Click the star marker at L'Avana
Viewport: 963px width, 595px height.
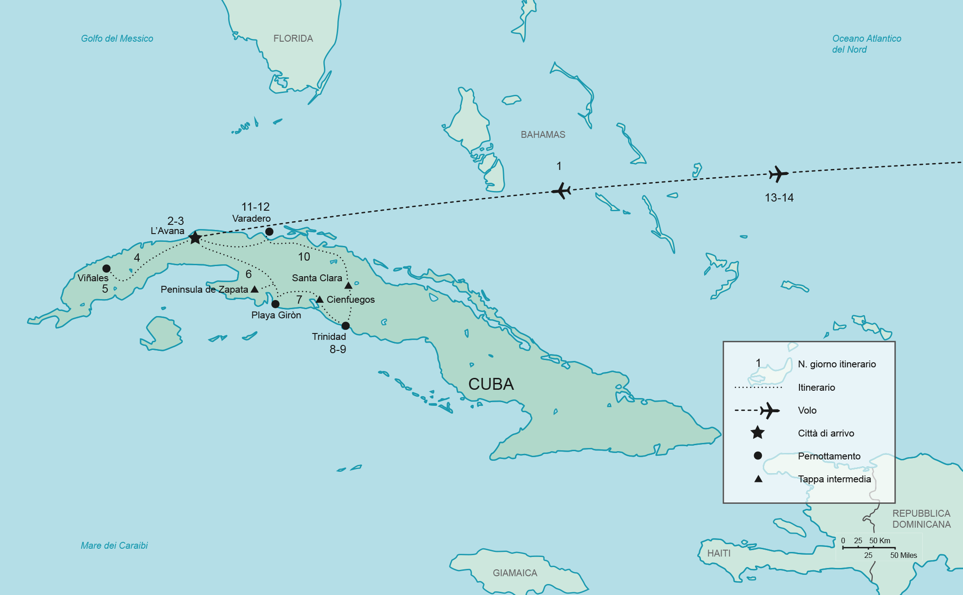coord(195,237)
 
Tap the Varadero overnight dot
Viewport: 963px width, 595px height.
coord(269,232)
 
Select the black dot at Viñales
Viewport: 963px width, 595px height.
coord(106,268)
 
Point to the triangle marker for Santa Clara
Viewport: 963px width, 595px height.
coord(348,286)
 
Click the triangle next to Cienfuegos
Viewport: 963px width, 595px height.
coord(320,300)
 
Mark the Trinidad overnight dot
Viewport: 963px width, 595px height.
coord(345,326)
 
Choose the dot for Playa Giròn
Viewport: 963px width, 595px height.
coord(275,304)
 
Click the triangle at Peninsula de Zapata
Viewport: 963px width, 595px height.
coord(255,289)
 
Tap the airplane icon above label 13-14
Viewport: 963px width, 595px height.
coord(778,174)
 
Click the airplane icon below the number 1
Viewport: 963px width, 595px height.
coord(561,191)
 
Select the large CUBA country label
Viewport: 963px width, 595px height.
coord(491,384)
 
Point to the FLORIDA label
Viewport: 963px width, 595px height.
coord(293,38)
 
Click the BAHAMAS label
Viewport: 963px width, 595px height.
coord(543,135)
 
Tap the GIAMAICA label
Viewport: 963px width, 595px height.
coord(515,573)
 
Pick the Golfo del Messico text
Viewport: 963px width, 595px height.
coord(117,38)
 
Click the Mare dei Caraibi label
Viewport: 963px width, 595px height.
coord(114,546)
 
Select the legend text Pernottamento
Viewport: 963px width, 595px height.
coord(829,456)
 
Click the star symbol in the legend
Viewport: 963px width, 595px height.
coord(758,432)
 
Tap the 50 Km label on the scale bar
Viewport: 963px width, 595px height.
coord(880,540)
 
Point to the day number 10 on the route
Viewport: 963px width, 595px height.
coord(304,257)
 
